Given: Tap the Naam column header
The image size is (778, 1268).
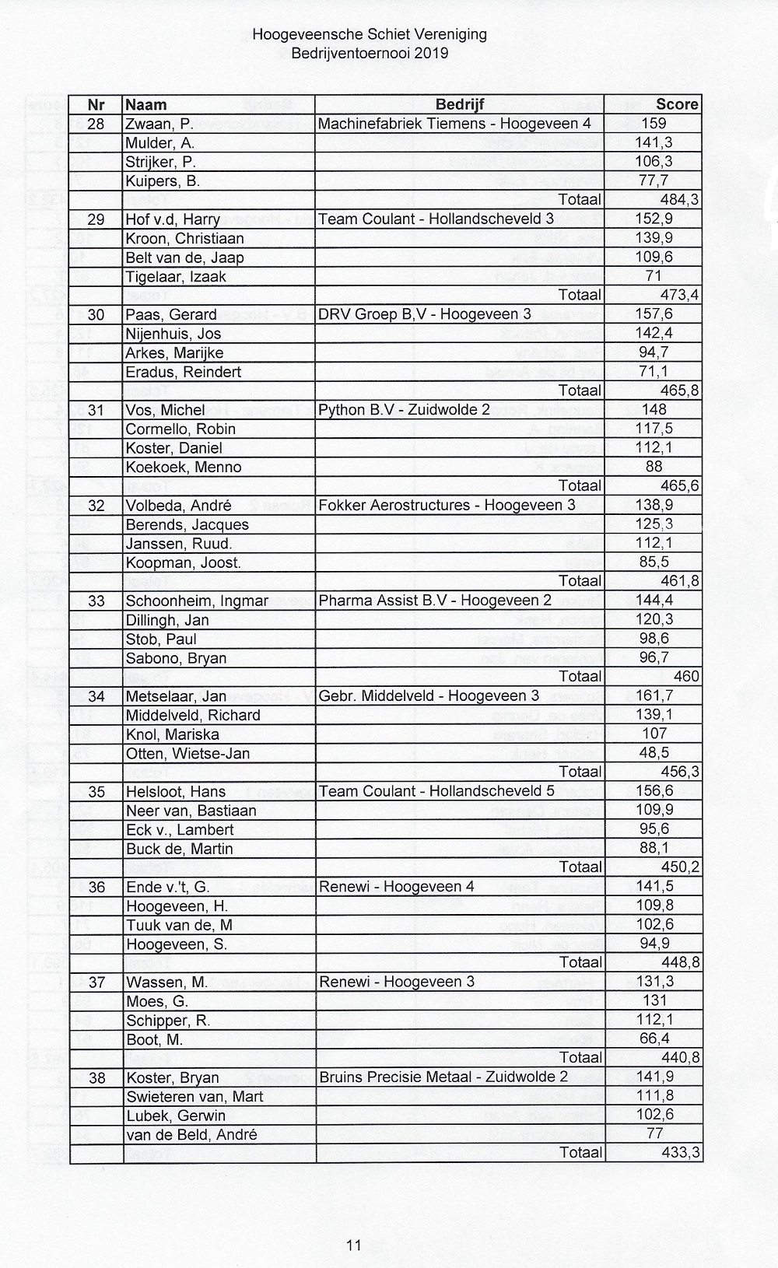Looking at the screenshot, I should click(x=146, y=105).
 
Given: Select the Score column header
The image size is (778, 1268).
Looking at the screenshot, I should click(x=677, y=105).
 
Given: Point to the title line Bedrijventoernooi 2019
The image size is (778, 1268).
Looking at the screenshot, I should click(x=370, y=54).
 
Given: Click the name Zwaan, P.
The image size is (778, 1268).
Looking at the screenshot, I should click(x=159, y=124).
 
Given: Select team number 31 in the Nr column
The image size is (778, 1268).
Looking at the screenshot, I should click(x=96, y=410).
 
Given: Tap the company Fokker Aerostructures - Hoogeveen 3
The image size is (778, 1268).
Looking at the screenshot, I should click(x=447, y=506).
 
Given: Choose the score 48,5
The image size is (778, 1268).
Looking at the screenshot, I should click(x=654, y=753).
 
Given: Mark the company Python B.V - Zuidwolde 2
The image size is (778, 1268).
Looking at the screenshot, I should click(x=405, y=410).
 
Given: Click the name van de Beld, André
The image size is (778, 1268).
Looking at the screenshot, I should click(x=191, y=1134).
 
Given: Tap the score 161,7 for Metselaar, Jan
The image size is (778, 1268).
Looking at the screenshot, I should click(x=654, y=695).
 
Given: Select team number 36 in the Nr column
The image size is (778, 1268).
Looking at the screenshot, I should click(x=96, y=887).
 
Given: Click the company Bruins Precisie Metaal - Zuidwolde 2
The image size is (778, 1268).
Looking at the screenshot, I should click(x=443, y=1077).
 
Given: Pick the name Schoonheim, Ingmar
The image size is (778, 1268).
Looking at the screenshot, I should click(x=197, y=601).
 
